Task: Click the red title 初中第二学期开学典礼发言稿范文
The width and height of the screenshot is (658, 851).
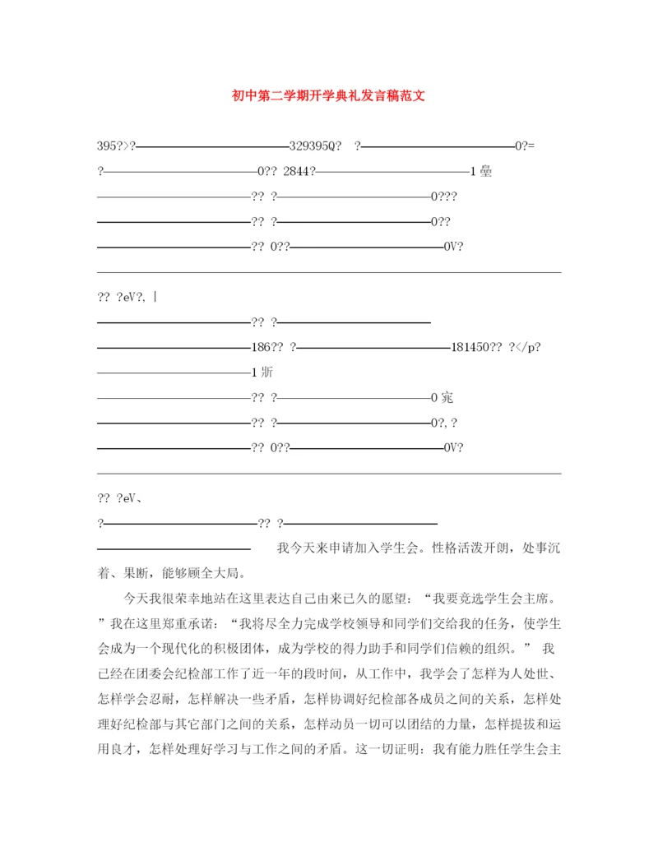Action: click(328, 95)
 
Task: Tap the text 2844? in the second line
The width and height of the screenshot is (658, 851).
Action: click(299, 172)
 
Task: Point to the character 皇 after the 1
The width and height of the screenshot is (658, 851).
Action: click(485, 172)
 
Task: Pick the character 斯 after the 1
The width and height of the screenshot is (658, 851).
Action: click(266, 372)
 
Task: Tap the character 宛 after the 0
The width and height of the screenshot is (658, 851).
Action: click(447, 398)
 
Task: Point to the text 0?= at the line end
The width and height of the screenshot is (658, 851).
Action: click(525, 146)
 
